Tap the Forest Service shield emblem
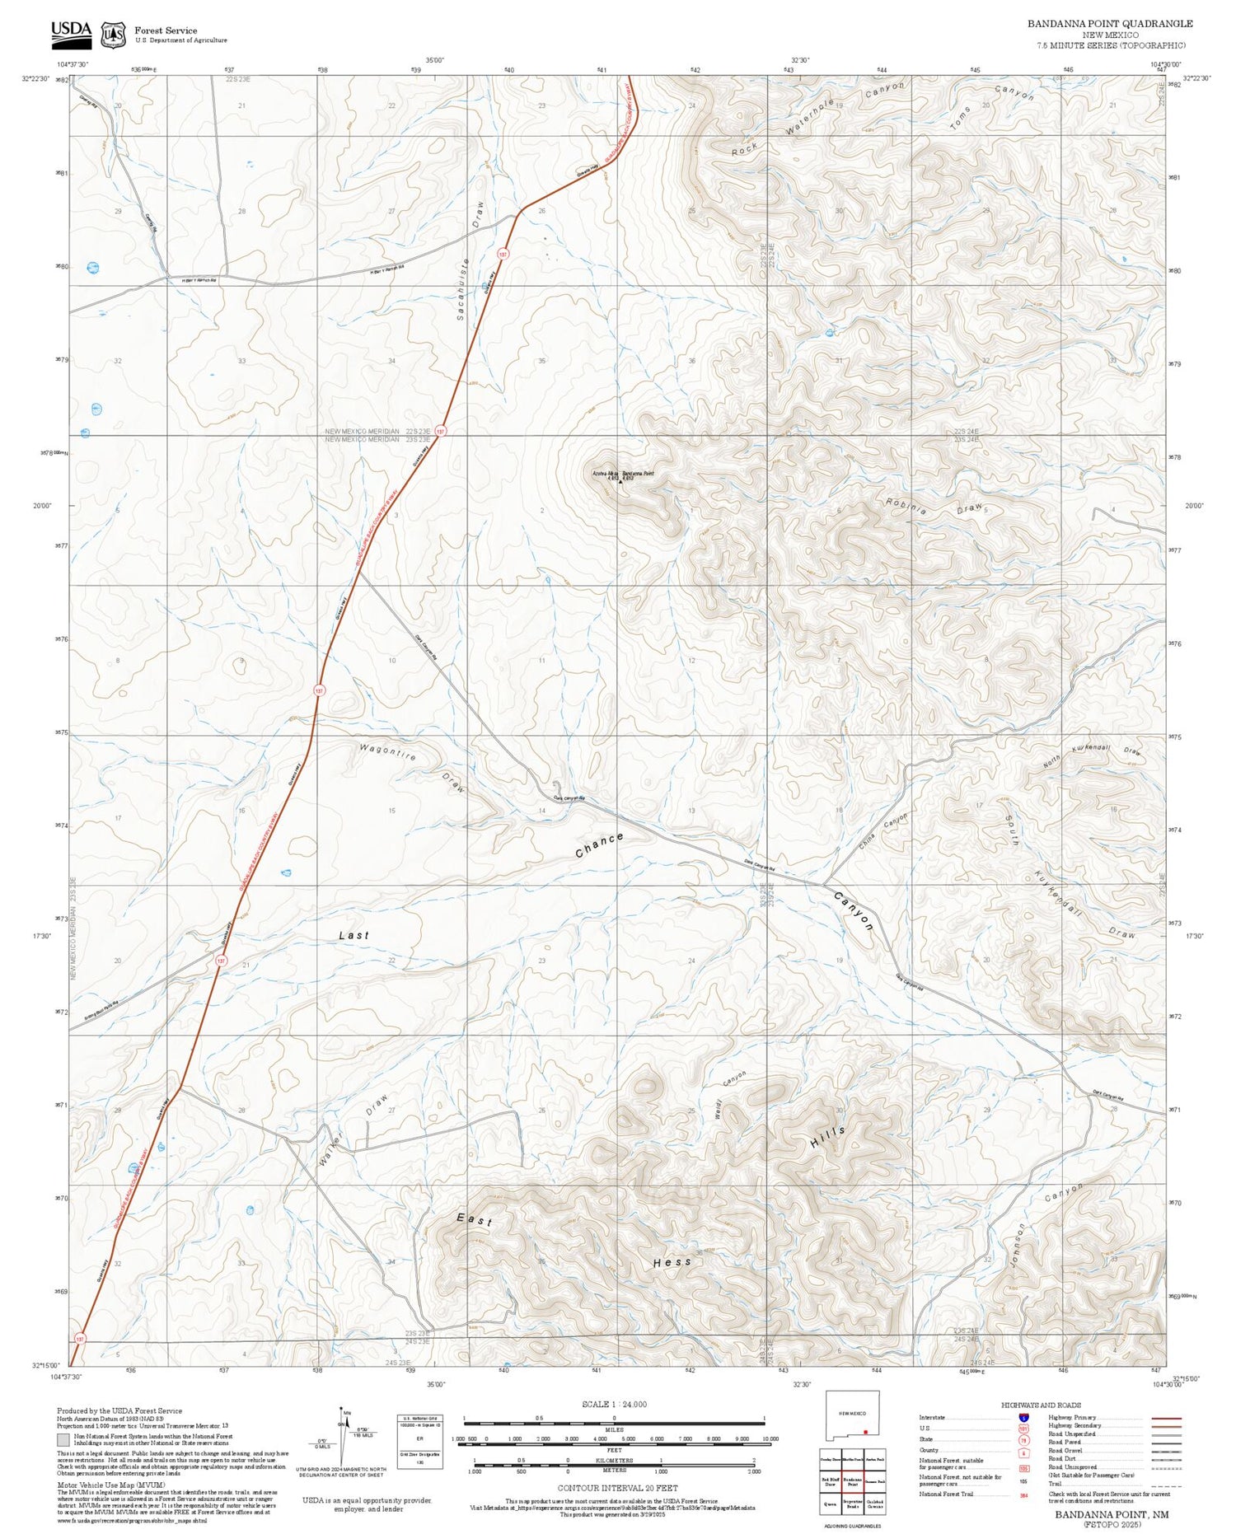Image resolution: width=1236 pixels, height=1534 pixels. [x=113, y=35]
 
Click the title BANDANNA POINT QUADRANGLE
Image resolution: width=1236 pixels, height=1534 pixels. [x=1109, y=24]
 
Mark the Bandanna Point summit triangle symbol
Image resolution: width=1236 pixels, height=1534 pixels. [x=620, y=481]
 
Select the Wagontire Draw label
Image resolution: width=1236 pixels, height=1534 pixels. [x=412, y=766]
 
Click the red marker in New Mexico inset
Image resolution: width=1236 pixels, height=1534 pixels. [x=865, y=1432]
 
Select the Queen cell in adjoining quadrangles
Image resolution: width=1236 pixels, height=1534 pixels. [x=830, y=1503]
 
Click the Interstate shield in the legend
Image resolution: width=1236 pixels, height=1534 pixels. [x=1023, y=1418]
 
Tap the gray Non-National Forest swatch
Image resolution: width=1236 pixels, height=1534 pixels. [x=63, y=1440]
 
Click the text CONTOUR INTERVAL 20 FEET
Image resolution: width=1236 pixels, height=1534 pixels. [x=617, y=1488]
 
